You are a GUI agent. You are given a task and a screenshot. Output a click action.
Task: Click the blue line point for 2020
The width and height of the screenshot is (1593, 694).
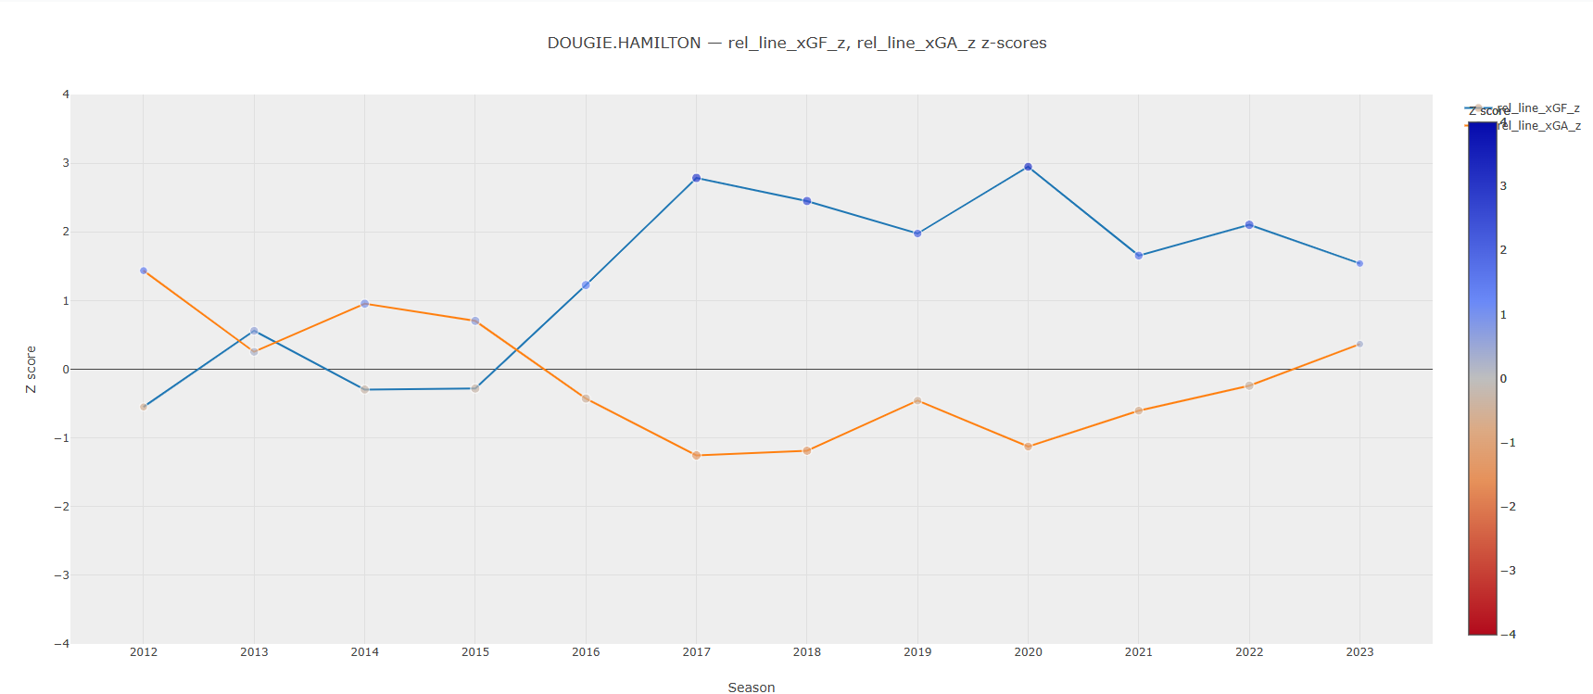(1028, 167)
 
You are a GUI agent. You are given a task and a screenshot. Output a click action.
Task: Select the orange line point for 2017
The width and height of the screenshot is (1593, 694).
(696, 455)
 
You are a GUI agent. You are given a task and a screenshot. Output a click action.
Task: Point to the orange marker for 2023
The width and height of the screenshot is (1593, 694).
(1359, 344)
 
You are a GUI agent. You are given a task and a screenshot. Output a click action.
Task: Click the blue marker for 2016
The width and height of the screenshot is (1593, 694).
(586, 285)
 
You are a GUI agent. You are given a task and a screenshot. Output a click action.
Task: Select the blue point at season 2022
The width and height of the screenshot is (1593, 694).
(1249, 225)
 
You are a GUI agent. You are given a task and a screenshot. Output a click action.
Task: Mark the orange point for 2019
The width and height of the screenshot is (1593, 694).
(917, 400)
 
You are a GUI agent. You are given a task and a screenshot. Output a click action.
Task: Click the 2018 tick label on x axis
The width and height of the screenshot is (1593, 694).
(807, 652)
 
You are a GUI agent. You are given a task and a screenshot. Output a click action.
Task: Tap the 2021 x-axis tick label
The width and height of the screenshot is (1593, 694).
(1139, 652)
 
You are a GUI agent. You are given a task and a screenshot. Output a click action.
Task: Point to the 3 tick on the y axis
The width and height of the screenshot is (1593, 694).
(66, 163)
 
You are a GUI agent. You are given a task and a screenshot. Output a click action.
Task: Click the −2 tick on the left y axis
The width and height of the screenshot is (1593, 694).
(62, 507)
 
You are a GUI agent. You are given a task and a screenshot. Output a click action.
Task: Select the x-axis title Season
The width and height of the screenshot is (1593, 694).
(751, 688)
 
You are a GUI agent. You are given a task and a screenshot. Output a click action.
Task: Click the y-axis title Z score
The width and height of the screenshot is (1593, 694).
(32, 369)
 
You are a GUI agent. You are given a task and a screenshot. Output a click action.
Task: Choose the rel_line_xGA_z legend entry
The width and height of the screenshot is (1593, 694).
(1539, 126)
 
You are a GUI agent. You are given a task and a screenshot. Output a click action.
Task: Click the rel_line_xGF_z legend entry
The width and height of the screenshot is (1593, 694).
(1539, 108)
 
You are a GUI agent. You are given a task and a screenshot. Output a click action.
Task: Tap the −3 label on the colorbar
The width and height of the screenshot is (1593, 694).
(1508, 571)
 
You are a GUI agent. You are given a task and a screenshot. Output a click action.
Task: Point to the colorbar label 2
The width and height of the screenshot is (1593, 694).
(1503, 250)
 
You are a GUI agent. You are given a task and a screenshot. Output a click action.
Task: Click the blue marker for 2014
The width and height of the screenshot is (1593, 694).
(364, 389)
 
